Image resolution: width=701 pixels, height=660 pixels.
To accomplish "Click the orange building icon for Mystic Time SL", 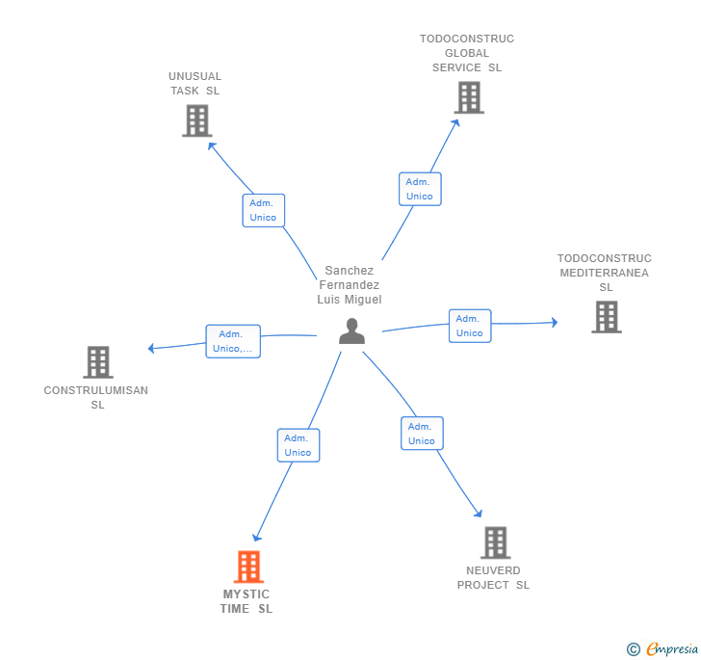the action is click(x=248, y=567).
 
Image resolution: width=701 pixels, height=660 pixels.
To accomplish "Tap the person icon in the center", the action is click(x=351, y=331).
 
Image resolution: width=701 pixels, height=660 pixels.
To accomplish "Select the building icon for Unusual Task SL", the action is click(x=197, y=120).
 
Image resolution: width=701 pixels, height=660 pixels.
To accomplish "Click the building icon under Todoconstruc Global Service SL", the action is click(x=469, y=97).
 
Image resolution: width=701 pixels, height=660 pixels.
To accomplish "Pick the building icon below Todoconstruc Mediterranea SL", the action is click(x=607, y=317).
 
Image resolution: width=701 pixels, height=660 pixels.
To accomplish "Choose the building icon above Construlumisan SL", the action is click(x=98, y=362).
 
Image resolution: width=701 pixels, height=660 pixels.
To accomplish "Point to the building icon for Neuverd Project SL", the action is click(x=496, y=542).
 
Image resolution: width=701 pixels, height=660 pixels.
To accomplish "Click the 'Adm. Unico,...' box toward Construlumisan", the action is click(x=233, y=341).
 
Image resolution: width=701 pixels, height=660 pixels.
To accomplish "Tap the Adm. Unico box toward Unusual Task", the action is click(x=263, y=210).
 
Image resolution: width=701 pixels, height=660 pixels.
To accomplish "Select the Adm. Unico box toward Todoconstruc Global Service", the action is click(x=420, y=189).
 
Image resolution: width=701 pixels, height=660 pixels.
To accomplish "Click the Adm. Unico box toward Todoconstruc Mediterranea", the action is click(x=470, y=327).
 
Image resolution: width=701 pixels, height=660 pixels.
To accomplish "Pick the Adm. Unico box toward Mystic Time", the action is click(x=299, y=445).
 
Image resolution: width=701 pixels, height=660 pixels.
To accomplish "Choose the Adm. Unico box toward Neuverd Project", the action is click(x=422, y=434).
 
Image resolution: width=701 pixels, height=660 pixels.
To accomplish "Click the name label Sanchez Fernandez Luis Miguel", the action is click(x=350, y=285).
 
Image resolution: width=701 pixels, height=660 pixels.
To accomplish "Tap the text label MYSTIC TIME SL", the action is click(x=247, y=601).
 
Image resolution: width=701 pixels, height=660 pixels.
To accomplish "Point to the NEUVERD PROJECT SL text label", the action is click(x=493, y=578).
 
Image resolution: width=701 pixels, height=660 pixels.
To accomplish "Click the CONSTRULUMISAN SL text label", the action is click(x=96, y=397).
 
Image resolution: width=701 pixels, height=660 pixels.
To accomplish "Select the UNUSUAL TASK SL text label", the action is click(x=195, y=84).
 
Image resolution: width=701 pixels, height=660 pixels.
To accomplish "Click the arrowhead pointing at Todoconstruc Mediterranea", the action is click(x=555, y=322).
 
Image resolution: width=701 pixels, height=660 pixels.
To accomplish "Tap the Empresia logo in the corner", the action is click(x=662, y=648).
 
